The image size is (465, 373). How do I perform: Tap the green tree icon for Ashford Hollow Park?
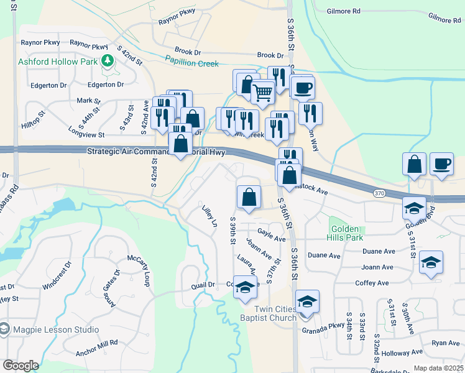pos(109,60)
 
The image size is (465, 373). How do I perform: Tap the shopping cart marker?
pos(263,92)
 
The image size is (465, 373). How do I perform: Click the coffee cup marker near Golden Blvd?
pos(441,164)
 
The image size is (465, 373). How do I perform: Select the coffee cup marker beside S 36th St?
pos(302,88)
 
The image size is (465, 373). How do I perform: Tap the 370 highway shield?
pos(379,194)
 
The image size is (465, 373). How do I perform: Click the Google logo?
pos(20,366)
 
